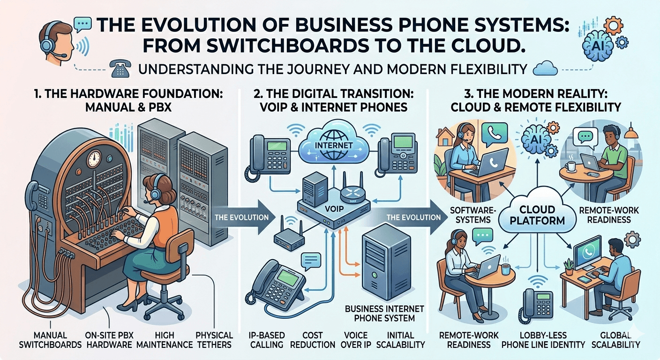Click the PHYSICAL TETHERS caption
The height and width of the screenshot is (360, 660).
click(x=214, y=340)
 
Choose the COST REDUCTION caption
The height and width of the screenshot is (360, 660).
click(x=313, y=340)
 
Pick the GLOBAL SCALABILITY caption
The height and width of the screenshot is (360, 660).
click(x=620, y=340)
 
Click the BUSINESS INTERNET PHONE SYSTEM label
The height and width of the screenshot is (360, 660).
click(x=384, y=313)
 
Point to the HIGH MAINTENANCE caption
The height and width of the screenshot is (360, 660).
click(x=165, y=340)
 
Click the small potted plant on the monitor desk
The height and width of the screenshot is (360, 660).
click(x=569, y=267)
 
